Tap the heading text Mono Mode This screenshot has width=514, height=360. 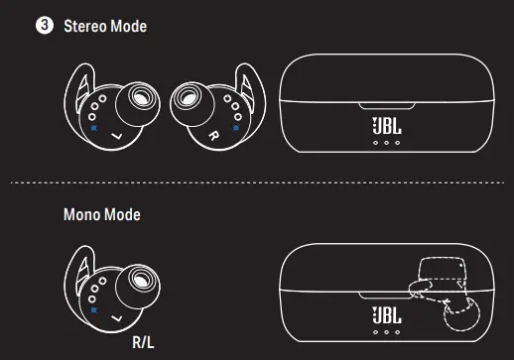pyautogui.click(x=100, y=213)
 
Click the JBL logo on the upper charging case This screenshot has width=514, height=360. pyautogui.click(x=386, y=126)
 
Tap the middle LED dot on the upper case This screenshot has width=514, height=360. pyautogui.click(x=386, y=143)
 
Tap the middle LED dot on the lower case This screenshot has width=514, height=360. pyautogui.click(x=386, y=332)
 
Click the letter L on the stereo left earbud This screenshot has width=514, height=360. pyautogui.click(x=118, y=134)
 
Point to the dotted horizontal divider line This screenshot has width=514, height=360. pyautogui.click(x=256, y=182)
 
